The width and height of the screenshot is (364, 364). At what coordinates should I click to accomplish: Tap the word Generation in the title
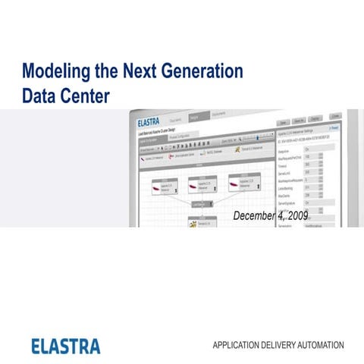click(200, 73)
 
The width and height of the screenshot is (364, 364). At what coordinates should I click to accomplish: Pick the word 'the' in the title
click(102, 73)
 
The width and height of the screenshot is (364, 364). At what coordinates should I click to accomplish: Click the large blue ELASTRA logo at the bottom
click(66, 346)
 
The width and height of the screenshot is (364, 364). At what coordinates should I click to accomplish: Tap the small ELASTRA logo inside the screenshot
click(152, 121)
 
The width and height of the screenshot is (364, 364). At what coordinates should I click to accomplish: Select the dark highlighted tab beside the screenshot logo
click(195, 118)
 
